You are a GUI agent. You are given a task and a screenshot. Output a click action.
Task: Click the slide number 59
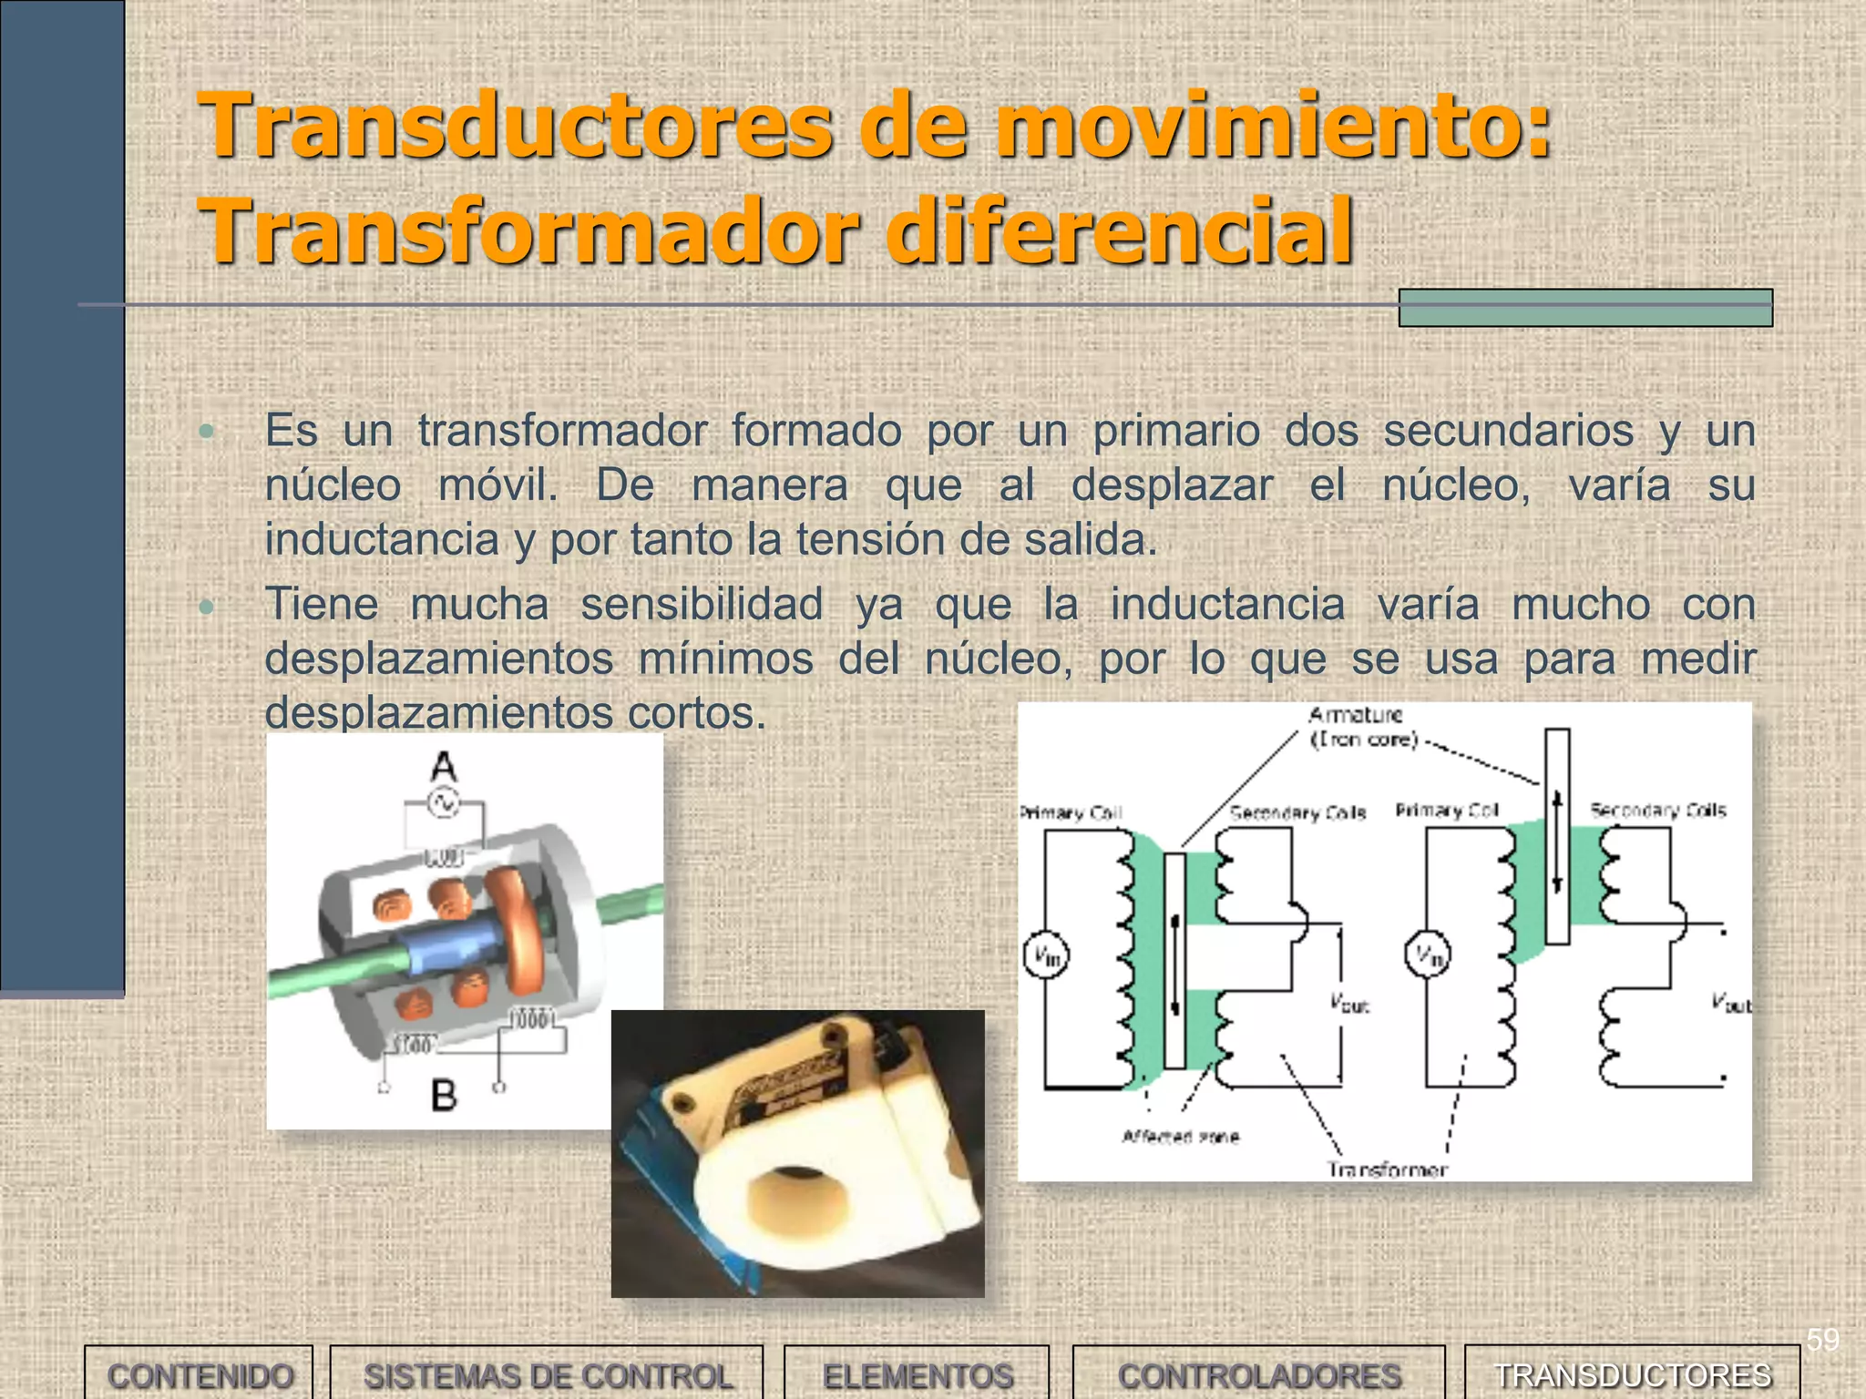point(1822,1340)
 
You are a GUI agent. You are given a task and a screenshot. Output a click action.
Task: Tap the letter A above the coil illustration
point(444,766)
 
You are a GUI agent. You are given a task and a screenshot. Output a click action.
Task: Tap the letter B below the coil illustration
point(444,1094)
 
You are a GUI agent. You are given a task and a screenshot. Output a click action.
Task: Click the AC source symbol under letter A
point(444,803)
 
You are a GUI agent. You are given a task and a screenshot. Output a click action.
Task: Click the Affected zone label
point(1181,1137)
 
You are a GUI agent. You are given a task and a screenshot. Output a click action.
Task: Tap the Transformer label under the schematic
point(1387,1169)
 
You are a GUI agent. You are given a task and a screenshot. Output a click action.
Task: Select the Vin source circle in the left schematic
point(1046,955)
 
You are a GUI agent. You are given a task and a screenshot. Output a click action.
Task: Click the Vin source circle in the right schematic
point(1427,955)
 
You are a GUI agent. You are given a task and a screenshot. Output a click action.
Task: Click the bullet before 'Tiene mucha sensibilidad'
point(207,606)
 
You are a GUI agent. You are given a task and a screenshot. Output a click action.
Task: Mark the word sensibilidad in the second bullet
point(702,604)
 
